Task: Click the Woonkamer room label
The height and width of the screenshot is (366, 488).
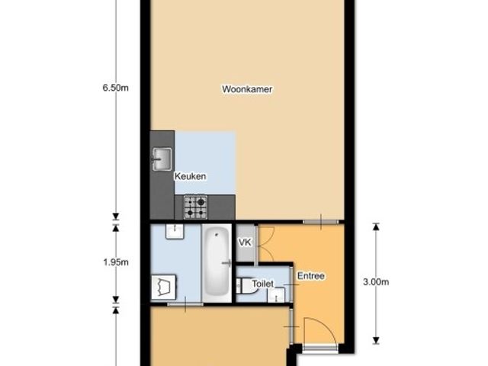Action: (x=247, y=89)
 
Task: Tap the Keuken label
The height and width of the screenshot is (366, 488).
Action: (x=190, y=176)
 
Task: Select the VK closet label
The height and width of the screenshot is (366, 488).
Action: (x=245, y=242)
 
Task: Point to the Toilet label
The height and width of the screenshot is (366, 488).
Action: (x=262, y=284)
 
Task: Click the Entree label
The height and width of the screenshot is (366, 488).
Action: (x=311, y=276)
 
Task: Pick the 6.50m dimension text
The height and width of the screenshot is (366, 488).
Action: (x=115, y=88)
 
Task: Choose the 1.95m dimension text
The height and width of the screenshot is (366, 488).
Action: (x=116, y=262)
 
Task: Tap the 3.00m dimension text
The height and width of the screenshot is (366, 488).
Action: (x=376, y=282)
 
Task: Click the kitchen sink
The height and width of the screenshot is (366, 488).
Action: (x=162, y=159)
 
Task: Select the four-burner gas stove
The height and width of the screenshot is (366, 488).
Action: (x=195, y=207)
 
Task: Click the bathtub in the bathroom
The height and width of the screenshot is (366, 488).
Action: (x=217, y=261)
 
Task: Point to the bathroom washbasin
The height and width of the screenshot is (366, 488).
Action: (x=175, y=232)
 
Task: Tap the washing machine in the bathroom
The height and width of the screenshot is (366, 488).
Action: (x=164, y=287)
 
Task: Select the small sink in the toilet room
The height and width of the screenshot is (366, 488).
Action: (x=276, y=295)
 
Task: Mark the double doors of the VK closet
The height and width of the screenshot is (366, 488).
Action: (x=266, y=244)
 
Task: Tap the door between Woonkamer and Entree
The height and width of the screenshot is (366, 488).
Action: (x=321, y=222)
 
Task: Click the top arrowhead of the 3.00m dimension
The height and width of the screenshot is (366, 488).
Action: (x=376, y=226)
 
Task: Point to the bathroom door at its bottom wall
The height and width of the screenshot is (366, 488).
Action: (x=185, y=304)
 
